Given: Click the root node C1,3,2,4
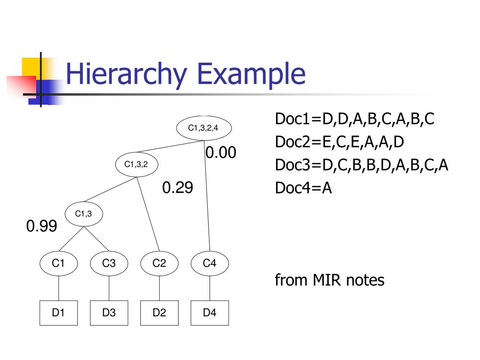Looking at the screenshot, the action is click(203, 127).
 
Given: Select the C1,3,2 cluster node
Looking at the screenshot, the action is click(136, 164).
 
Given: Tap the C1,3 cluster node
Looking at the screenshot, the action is click(83, 214).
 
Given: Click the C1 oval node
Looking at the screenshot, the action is click(58, 263).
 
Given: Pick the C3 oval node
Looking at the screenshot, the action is click(109, 263).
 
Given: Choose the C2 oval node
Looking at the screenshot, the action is click(159, 263).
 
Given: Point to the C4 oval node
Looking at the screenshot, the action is click(210, 263).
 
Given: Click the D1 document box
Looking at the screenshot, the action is click(58, 313).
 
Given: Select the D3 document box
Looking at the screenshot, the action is click(109, 313).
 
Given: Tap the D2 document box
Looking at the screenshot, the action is click(159, 313).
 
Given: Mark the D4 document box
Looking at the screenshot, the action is click(210, 313).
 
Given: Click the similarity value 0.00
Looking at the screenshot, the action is click(221, 153).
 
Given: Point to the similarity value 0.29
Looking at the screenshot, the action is click(178, 188).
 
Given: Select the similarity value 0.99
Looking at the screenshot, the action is click(42, 226).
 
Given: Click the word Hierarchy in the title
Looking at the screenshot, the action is click(127, 75).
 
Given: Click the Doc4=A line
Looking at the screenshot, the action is click(303, 188).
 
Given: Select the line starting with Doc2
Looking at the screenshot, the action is click(339, 142).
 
